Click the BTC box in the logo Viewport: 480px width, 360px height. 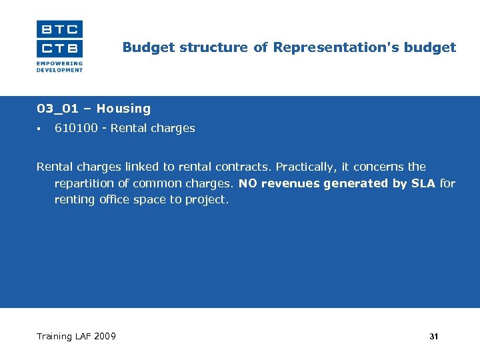coord(59,29)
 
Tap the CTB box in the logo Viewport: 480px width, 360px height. coord(59,48)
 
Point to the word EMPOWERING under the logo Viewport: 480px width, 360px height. coord(59,64)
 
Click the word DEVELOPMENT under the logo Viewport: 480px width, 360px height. coord(59,69)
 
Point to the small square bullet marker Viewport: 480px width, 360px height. coord(39,129)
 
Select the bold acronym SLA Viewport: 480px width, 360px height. coord(423,183)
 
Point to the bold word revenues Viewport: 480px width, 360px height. coord(291,183)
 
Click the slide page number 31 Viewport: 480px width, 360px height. coord(434,337)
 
